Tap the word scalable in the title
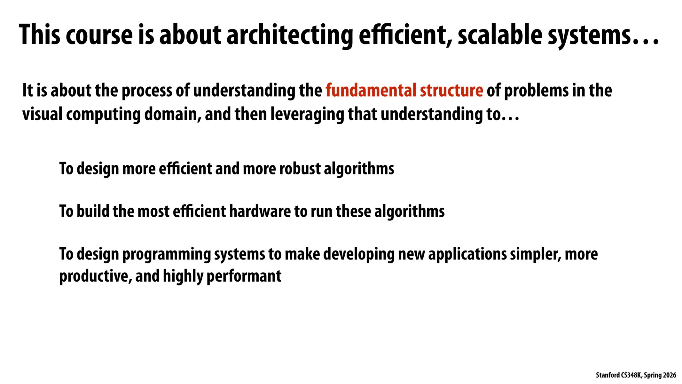pyautogui.click(x=500, y=35)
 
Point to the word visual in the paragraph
pyautogui.click(x=42, y=114)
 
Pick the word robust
pyautogui.click(x=300, y=169)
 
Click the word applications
pyautogui.click(x=467, y=254)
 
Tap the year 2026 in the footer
pyautogui.click(x=670, y=375)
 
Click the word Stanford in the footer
pyautogui.click(x=608, y=375)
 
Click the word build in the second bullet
pyautogui.click(x=93, y=211)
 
